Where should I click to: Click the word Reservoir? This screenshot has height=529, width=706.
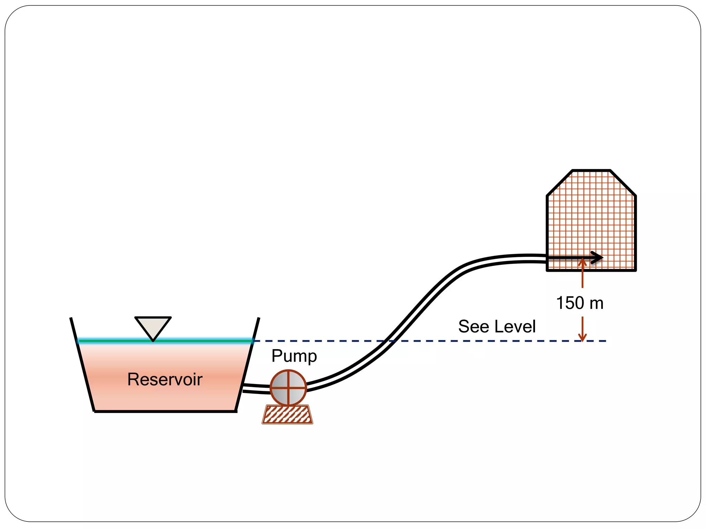coord(165,379)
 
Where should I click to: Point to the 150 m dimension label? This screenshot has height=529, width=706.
coord(580,303)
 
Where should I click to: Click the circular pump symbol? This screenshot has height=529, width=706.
coord(288,387)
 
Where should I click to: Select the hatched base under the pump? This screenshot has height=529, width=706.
coord(287,415)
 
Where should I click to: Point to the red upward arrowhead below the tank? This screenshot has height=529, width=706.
coord(582,262)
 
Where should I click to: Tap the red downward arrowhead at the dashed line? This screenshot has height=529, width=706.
coord(582,337)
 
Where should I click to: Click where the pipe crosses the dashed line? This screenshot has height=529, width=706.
coord(390,341)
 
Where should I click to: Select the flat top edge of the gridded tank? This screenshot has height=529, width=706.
coord(591,170)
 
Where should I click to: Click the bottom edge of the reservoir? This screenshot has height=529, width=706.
coord(165,411)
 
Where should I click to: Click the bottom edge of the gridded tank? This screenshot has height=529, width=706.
coord(591,270)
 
